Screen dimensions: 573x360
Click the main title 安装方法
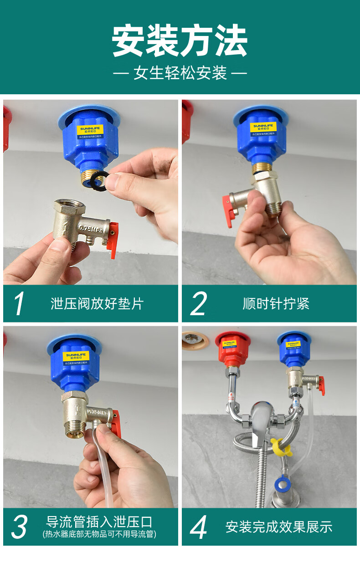180,41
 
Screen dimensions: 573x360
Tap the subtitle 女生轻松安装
180,73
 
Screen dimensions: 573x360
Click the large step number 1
20,304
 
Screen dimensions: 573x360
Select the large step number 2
198,304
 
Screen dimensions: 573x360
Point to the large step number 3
20,527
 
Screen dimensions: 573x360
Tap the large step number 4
199,527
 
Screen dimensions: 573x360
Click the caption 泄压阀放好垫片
97,304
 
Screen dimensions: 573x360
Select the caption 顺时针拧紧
276,304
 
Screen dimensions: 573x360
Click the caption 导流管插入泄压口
99,522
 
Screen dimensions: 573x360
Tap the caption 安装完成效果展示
279,527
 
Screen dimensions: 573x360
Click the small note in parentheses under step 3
99,534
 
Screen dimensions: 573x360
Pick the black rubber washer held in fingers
98,181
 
